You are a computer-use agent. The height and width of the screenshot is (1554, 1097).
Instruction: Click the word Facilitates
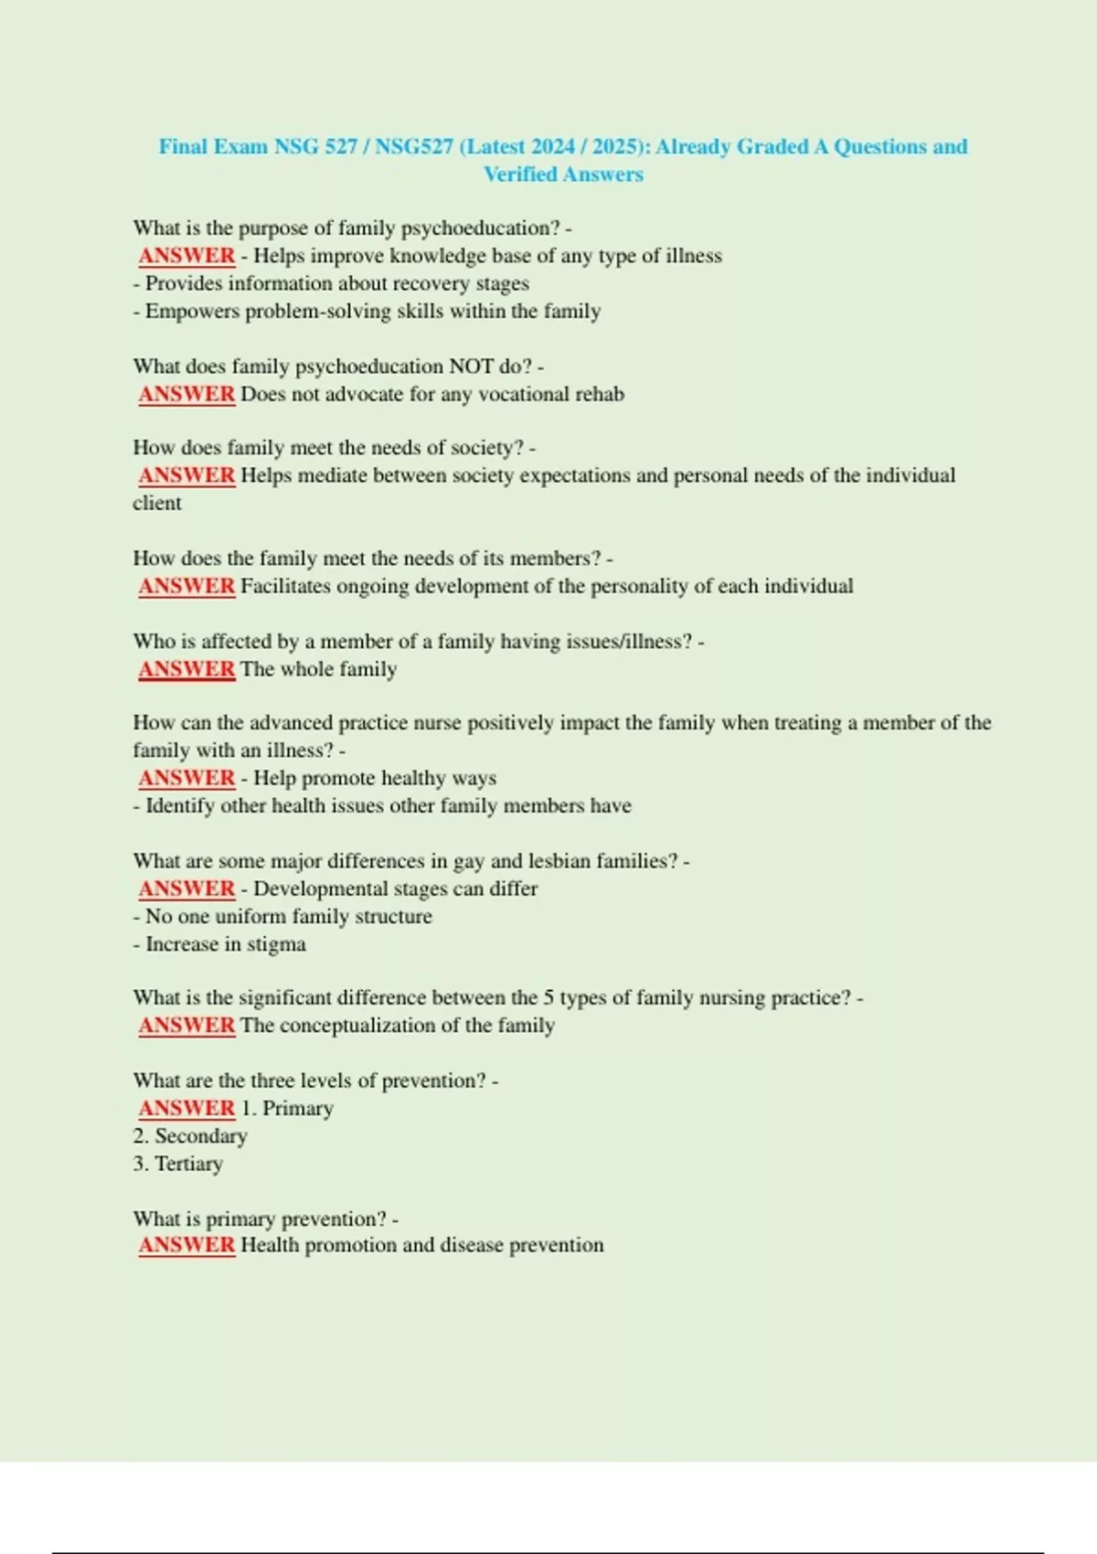tap(285, 586)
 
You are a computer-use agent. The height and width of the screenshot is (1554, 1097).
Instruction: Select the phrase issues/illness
tap(629, 642)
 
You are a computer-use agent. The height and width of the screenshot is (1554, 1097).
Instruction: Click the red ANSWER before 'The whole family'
tap(186, 669)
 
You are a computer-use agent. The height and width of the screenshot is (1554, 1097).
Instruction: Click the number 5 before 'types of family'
tap(548, 998)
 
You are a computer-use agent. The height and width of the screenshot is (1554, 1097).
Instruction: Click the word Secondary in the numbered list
tap(200, 1136)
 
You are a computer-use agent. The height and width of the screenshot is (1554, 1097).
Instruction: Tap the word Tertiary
tap(188, 1164)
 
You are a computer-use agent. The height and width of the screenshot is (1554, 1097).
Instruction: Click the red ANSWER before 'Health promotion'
tap(186, 1245)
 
